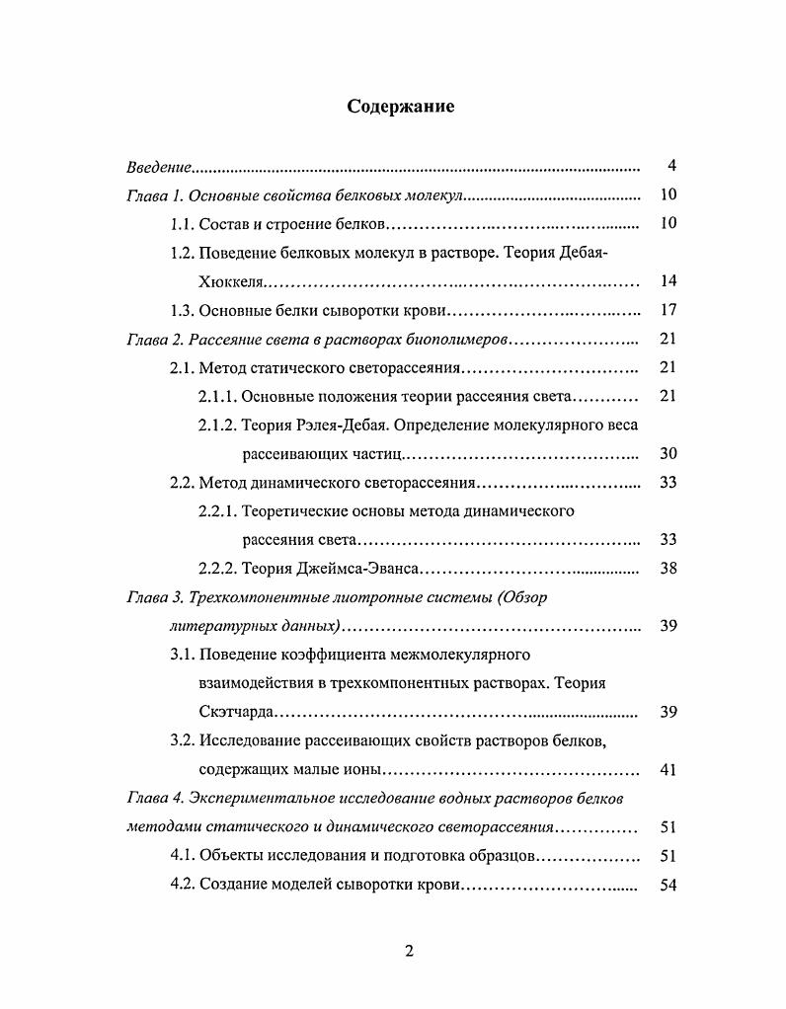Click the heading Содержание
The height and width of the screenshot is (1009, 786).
pyautogui.click(x=401, y=107)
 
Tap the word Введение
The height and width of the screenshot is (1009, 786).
pyautogui.click(x=158, y=166)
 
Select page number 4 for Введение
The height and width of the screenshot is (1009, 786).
pyautogui.click(x=671, y=165)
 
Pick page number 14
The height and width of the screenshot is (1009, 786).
pyautogui.click(x=668, y=281)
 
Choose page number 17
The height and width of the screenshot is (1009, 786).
pyautogui.click(x=668, y=310)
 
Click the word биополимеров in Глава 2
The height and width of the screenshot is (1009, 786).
pyautogui.click(x=453, y=340)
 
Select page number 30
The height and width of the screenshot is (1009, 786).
pyautogui.click(x=668, y=454)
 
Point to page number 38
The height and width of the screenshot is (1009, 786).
pyautogui.click(x=668, y=569)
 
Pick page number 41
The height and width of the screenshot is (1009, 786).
pyautogui.click(x=668, y=770)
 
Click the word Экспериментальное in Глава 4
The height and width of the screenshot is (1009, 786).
pyautogui.click(x=260, y=798)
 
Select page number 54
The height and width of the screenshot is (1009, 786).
pyautogui.click(x=668, y=885)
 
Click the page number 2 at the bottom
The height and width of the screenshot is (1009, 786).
pyautogui.click(x=409, y=952)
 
